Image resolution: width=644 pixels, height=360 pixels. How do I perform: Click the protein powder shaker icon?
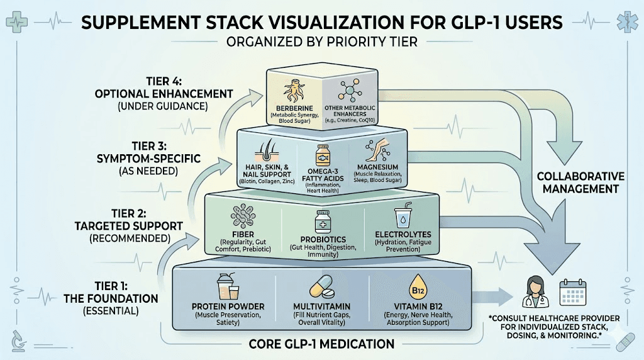[x=229, y=288]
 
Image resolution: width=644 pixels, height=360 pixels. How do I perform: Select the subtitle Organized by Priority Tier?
[x=322, y=45]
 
